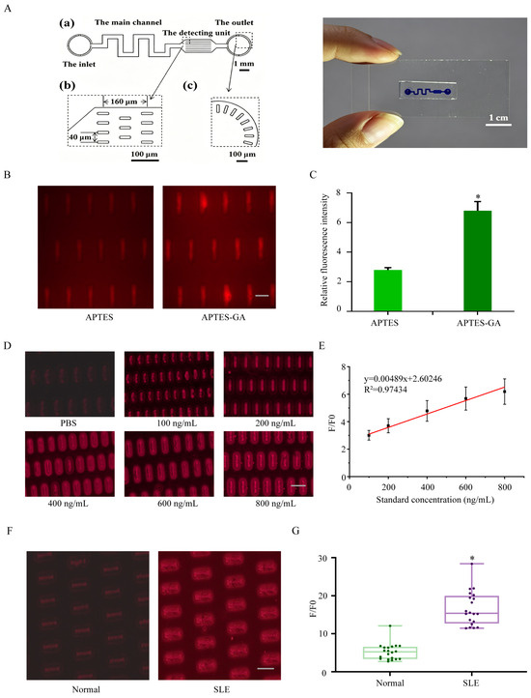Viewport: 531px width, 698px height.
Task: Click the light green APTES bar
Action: [x=388, y=290]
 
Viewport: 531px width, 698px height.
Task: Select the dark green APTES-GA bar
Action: [x=478, y=260]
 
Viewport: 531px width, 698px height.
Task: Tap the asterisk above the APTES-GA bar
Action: [x=478, y=197]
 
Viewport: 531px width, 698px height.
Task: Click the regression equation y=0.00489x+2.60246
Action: [x=403, y=379]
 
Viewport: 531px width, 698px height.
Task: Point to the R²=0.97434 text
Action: [x=385, y=390]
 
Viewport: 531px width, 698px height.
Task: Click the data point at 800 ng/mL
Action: [x=504, y=392]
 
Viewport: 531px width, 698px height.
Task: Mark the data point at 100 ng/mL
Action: [x=369, y=435]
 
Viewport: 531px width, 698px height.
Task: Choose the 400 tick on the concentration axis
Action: [x=427, y=487]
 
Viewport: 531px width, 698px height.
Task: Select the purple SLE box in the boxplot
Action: [x=471, y=609]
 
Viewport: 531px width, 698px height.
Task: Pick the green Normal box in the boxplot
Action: [x=390, y=653]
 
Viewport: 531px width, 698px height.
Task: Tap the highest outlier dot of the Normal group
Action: [x=390, y=625]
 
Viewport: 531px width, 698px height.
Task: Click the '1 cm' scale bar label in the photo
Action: [x=498, y=118]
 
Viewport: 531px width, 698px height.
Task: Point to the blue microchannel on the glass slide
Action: [x=428, y=92]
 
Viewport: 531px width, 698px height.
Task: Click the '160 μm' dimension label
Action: [x=125, y=102]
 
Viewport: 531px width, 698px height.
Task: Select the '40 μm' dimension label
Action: [x=79, y=137]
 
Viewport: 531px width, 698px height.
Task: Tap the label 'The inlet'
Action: [x=79, y=64]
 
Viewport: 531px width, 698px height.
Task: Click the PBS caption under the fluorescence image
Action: [x=69, y=422]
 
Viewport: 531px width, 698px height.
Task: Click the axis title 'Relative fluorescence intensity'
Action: [x=324, y=249]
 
